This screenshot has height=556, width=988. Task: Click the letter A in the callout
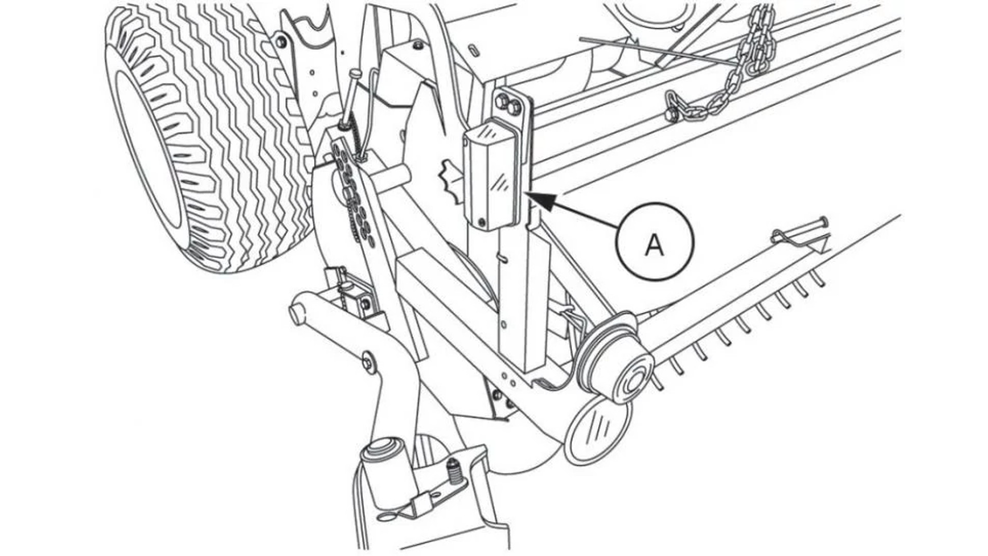click(x=655, y=245)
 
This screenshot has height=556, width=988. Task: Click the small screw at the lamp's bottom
click(x=482, y=222)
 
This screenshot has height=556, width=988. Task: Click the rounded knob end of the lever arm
click(x=295, y=315)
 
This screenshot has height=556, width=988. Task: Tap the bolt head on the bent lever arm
click(x=368, y=362)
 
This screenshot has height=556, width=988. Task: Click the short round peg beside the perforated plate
click(x=394, y=178)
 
